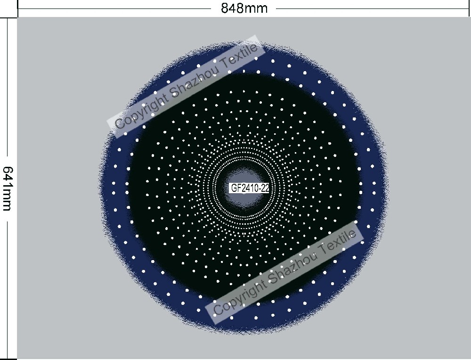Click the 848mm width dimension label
click(x=244, y=8)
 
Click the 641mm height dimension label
click(x=8, y=189)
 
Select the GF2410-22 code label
click(x=250, y=188)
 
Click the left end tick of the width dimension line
click(x=18, y=8)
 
